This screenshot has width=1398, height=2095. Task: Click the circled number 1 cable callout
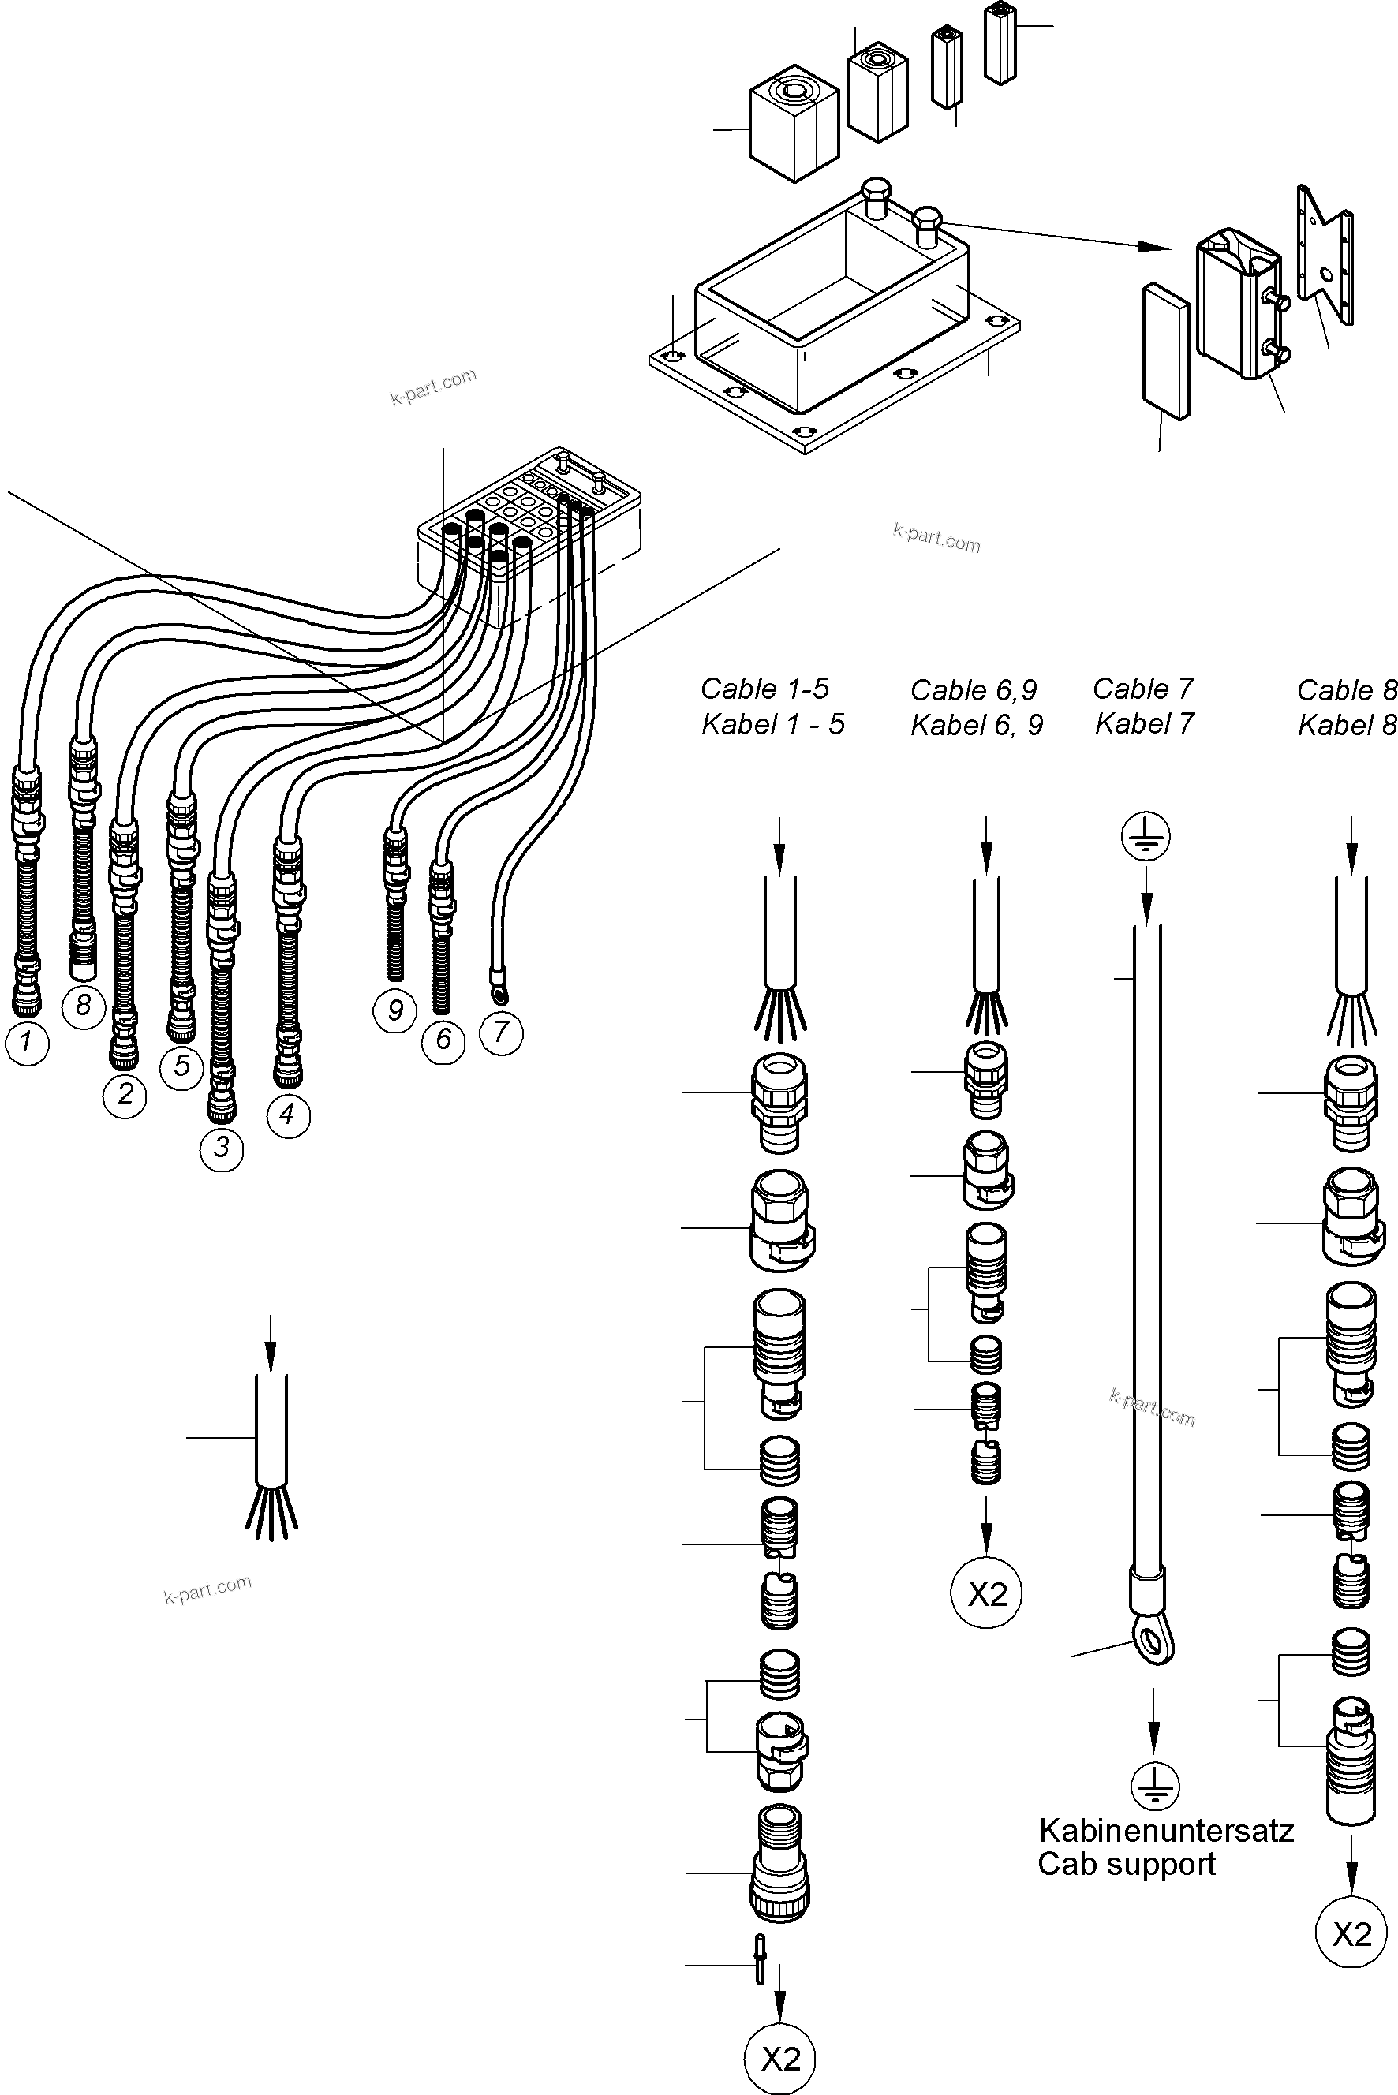[27, 1042]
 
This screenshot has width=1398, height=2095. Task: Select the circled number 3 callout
[221, 1148]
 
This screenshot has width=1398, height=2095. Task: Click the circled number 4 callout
[287, 1115]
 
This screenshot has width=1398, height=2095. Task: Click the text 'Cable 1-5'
[764, 689]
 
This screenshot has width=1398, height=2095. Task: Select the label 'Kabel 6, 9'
[976, 725]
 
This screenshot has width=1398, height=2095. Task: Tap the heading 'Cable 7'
[1142, 689]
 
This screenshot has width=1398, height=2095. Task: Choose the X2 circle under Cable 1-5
[780, 2059]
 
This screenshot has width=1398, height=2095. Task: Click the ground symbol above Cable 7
[1146, 836]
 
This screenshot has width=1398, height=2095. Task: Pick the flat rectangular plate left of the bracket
[1165, 351]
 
